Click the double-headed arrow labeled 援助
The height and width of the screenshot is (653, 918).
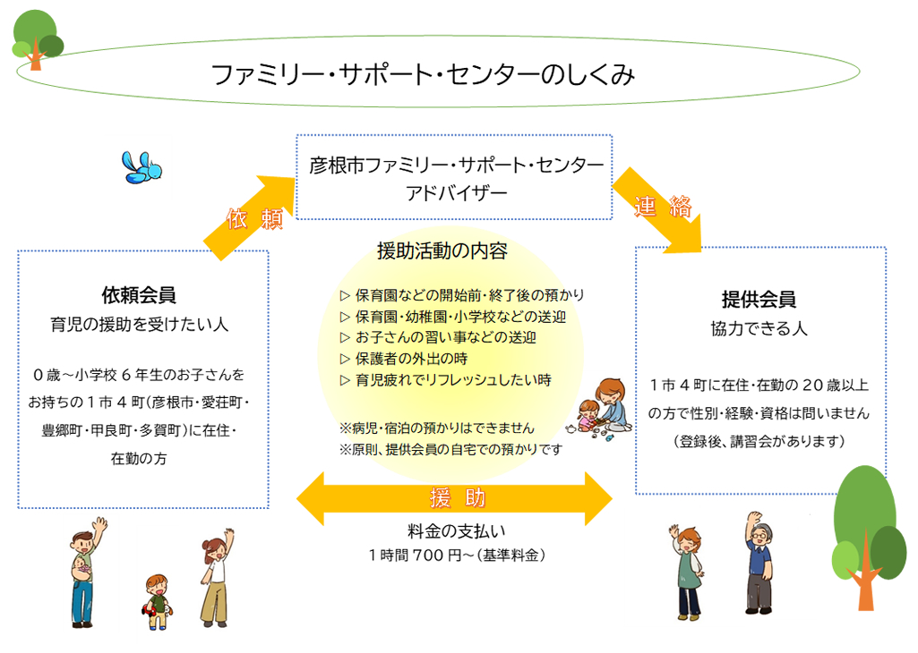coord(455,497)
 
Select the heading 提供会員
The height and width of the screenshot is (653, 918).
coord(759,300)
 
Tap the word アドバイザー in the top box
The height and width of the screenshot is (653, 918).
coord(456,192)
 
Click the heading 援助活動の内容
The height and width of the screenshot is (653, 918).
coord(442,251)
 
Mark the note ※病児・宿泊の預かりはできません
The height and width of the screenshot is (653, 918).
coord(437,428)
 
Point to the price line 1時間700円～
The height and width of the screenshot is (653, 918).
coord(456,555)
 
